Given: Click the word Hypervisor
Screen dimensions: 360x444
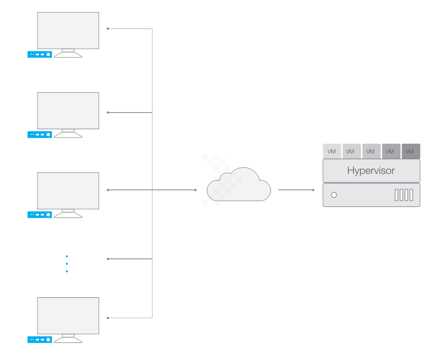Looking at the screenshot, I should coord(371,171).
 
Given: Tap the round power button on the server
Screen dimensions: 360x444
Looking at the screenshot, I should coord(334,195).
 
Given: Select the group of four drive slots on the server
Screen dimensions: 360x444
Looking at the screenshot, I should coord(403,195).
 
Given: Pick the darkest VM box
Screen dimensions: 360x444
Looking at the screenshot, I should coord(410,151).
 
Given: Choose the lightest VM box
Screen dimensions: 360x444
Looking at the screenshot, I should coord(332,151).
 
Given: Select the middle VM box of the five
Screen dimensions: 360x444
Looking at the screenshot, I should coord(371,151).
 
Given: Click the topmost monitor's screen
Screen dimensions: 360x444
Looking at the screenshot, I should coord(68,31).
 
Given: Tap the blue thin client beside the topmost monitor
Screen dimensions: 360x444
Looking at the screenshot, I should coord(39,54).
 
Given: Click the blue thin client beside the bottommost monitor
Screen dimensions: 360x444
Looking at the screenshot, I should coord(39,340).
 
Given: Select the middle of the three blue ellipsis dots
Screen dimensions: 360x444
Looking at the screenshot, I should coord(66,264).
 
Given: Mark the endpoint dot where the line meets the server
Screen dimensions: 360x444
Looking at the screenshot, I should coord(313,190).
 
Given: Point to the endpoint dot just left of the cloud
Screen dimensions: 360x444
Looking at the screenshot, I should coord(195,190).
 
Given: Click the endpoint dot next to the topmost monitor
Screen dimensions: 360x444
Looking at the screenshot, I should coord(107,29).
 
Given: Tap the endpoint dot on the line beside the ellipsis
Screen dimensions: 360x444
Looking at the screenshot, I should coord(107,259).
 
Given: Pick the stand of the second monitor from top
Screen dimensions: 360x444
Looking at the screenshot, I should coord(68,133).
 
